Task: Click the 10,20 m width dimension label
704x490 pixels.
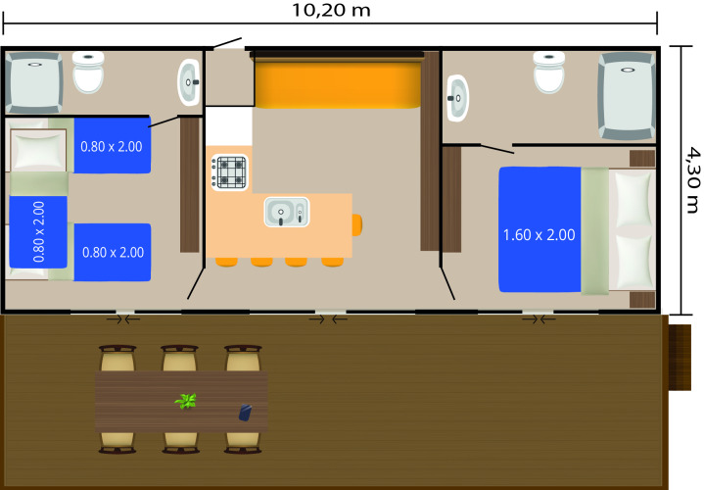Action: point(332,12)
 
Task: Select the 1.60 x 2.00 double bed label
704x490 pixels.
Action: point(538,235)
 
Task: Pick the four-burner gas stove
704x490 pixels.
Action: point(230,172)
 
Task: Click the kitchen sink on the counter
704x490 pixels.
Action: point(286,210)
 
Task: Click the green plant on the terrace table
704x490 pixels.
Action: point(185,401)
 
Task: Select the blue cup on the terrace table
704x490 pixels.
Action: point(245,414)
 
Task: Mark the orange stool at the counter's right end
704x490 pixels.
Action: point(356,224)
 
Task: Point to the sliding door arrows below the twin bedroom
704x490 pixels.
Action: point(123,318)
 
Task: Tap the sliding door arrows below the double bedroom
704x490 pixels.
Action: point(538,318)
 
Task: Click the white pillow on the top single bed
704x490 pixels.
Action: point(36,151)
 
